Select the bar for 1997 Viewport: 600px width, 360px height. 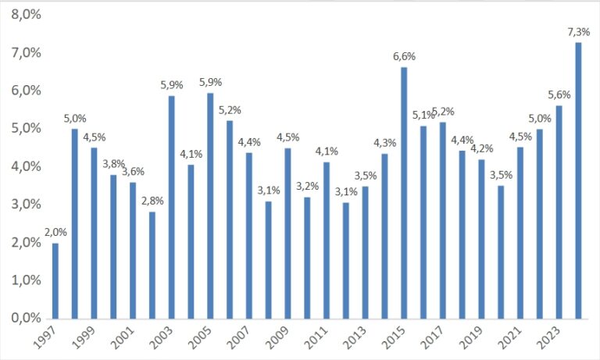pos(55,280)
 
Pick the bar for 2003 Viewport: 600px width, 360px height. pos(172,207)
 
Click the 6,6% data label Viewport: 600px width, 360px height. pos(404,56)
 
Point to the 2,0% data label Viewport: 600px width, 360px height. pos(55,233)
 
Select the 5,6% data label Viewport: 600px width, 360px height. pos(559,94)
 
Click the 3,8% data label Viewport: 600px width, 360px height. pos(114,164)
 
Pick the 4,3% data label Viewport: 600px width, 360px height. pos(385,143)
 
